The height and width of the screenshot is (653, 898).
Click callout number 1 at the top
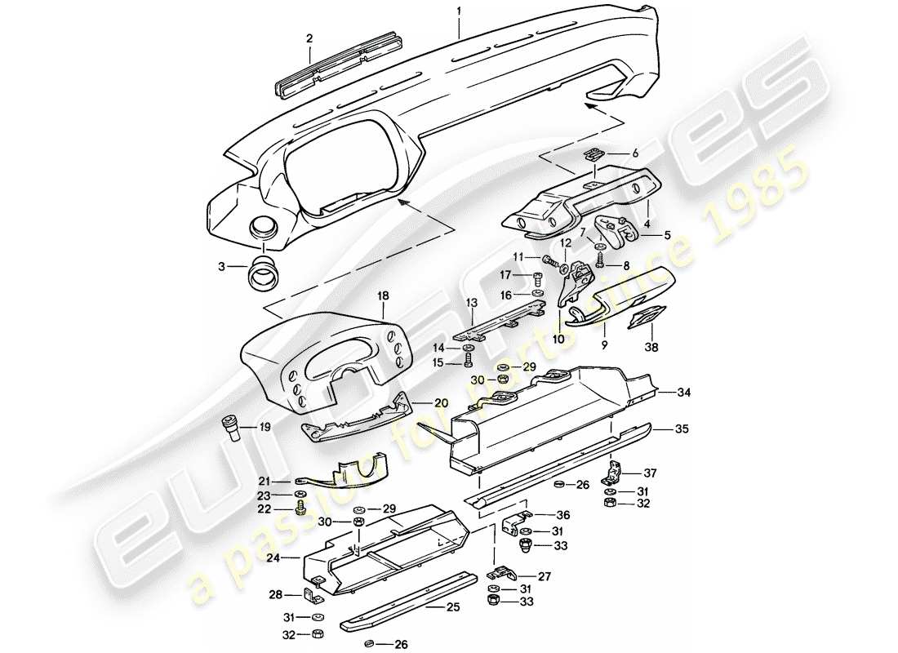coord(459,11)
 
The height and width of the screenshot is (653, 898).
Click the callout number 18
coord(383,295)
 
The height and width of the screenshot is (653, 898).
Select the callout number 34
coord(683,393)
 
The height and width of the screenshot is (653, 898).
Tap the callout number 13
coord(472,302)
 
